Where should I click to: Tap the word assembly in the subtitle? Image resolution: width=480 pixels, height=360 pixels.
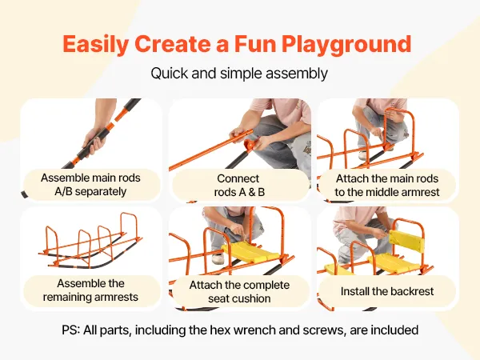coord(297,74)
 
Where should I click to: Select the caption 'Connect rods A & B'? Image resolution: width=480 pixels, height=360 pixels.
coord(239,186)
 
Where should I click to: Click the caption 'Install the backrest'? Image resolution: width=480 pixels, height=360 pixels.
coord(387,291)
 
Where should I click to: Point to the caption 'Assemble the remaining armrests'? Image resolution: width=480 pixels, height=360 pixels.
coord(90,290)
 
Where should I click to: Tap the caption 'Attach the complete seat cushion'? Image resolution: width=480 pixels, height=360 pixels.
coord(239,291)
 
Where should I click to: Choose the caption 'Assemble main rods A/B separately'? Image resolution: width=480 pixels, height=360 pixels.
coord(90,185)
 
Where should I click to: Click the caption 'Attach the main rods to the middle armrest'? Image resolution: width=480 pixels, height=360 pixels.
coord(387,186)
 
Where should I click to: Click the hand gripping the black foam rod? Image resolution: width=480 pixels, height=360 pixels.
coord(95,142)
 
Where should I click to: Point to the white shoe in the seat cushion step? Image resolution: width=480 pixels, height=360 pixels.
coord(218,258)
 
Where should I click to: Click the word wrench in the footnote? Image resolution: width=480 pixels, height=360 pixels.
coord(266,330)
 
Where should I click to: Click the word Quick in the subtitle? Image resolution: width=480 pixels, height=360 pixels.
coord(170,74)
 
